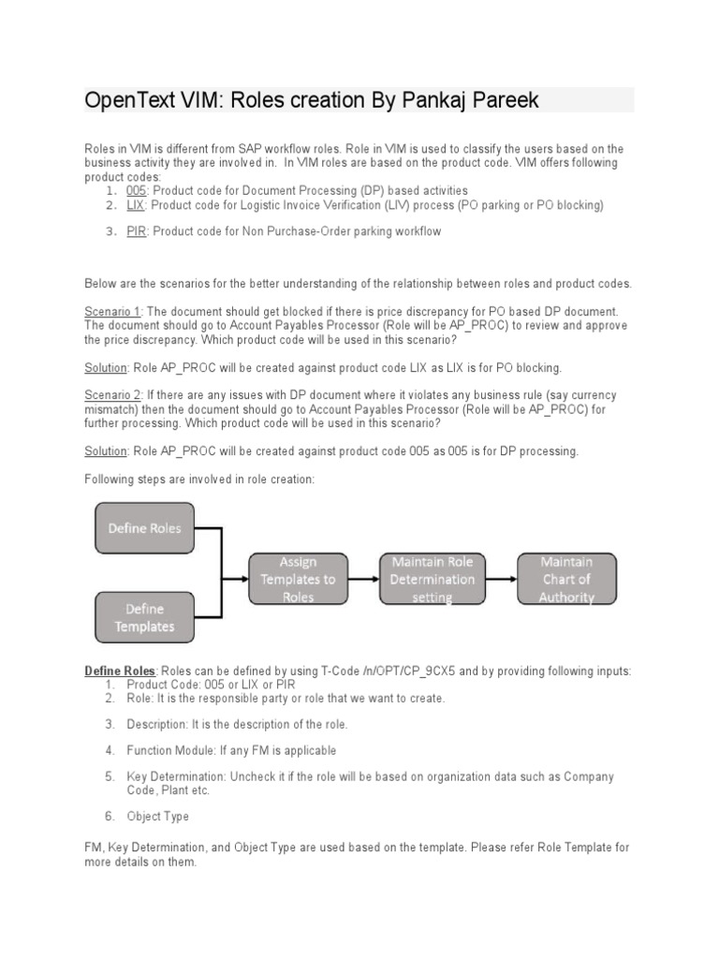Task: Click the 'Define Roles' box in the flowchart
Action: tap(145, 527)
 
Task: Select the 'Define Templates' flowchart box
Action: tap(145, 617)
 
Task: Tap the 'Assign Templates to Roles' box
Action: tap(298, 579)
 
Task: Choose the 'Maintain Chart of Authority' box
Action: tap(565, 579)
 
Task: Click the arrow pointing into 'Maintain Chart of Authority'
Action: tap(506, 579)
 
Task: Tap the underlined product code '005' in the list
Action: tap(137, 191)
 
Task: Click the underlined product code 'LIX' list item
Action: tap(136, 205)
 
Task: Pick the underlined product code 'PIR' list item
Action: tap(137, 231)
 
